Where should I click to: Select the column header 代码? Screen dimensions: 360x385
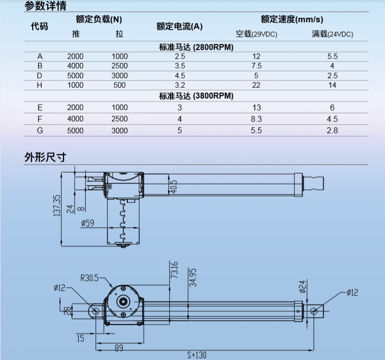(40, 26)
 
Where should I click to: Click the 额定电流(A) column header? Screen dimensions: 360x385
(179, 26)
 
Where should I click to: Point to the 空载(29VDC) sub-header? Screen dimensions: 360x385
(256, 34)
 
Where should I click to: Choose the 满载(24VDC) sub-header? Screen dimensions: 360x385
(332, 34)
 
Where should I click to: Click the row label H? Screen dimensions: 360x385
(40, 85)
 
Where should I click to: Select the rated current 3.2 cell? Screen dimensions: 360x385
(179, 85)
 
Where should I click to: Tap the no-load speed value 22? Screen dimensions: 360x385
(256, 85)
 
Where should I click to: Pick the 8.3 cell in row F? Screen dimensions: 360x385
(256, 119)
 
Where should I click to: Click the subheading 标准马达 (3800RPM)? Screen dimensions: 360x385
(196, 96)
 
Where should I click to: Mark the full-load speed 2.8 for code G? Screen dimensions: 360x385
(332, 131)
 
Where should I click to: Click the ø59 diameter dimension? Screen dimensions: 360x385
(87, 223)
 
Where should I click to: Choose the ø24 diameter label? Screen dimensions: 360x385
(302, 286)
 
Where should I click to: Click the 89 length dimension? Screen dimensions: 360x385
(119, 348)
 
